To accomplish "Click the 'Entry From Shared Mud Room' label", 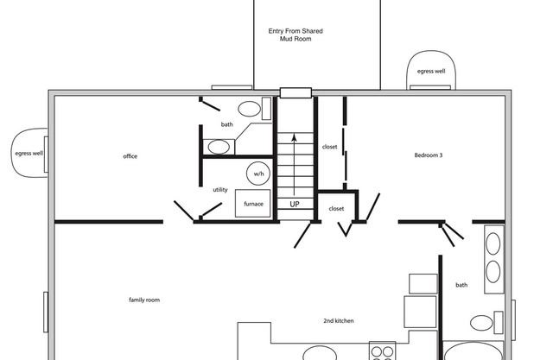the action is click(x=296, y=35).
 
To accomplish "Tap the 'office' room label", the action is click(x=130, y=156).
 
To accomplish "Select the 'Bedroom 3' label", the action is click(x=429, y=155).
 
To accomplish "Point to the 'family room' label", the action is click(x=144, y=300).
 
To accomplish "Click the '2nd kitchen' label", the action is click(x=338, y=320).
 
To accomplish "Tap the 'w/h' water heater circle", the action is click(x=258, y=174).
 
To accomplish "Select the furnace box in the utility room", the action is click(x=253, y=203).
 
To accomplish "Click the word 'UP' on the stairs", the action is click(x=295, y=204).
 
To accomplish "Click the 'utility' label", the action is click(x=220, y=190).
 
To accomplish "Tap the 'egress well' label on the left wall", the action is click(x=29, y=153).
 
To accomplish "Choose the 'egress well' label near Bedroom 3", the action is click(x=431, y=71).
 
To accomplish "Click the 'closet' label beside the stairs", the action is click(x=329, y=147).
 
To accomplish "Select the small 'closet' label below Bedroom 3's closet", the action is click(x=336, y=209).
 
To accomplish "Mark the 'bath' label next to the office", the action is click(x=226, y=124).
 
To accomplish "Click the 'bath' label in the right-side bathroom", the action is click(x=461, y=285).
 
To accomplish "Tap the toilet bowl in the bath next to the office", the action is click(x=250, y=109).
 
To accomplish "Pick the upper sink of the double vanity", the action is click(x=493, y=243).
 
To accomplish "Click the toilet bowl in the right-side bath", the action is click(x=481, y=323).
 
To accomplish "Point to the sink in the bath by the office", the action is click(x=219, y=147).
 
